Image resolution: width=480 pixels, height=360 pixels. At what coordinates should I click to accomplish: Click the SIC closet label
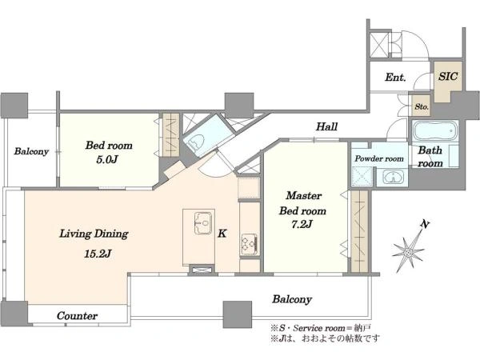coord(448,76)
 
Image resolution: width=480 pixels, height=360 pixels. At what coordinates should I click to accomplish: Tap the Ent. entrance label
coord(395,77)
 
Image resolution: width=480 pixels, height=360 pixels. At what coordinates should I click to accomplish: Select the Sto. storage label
coord(422,106)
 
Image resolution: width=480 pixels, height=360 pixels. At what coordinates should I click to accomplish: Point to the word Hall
coord(327,126)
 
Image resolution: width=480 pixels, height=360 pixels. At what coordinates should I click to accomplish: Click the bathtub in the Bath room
coord(435,131)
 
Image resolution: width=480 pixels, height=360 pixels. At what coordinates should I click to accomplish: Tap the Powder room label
coord(379,158)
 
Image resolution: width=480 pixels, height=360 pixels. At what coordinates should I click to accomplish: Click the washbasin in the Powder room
coord(393,178)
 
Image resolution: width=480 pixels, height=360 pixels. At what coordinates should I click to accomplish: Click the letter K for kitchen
coord(222,234)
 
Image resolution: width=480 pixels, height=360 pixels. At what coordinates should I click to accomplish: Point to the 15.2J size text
coord(98,254)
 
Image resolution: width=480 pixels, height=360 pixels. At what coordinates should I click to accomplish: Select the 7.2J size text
coord(302,225)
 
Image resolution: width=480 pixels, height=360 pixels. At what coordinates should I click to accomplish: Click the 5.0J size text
coord(107,159)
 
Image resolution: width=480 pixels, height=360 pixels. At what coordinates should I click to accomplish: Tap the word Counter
coord(77,316)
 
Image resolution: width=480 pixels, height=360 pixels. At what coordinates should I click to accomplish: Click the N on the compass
coord(425,224)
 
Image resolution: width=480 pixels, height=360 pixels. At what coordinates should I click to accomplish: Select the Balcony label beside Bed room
coord(31,151)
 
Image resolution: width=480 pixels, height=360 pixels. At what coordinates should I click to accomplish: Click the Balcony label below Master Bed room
coord(292,299)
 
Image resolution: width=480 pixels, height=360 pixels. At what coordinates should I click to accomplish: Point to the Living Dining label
coord(94,234)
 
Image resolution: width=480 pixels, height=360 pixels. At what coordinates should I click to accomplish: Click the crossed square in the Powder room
coord(362,177)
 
